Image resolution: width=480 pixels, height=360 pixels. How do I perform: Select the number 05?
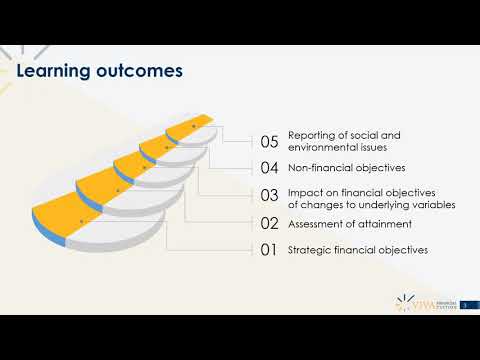[x=269, y=142]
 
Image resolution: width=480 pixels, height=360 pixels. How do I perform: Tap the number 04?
[x=269, y=168]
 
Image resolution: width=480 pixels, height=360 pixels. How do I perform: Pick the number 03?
[x=269, y=196]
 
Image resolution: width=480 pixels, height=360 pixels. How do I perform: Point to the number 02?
[x=269, y=224]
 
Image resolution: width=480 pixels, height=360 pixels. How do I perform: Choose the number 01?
[x=269, y=250]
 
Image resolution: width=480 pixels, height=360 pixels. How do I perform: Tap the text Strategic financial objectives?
[x=358, y=250]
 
